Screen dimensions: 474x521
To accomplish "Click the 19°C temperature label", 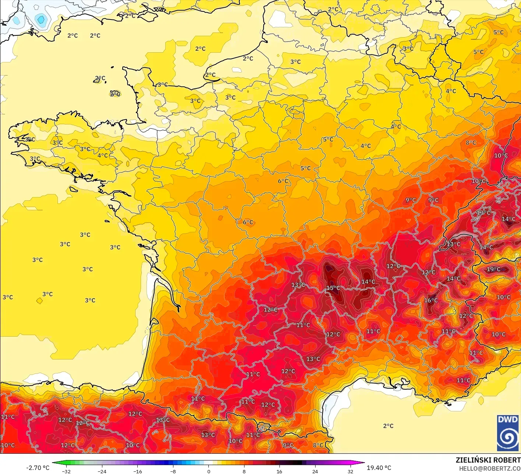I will point(493,269).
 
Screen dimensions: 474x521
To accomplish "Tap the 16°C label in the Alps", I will point(431,301).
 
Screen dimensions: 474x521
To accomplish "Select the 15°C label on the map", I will point(333,288).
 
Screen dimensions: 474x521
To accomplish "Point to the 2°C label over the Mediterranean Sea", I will point(388,426).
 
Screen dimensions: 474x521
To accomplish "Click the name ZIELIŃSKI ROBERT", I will point(488,460).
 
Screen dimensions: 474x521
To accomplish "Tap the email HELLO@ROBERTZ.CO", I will point(490,468).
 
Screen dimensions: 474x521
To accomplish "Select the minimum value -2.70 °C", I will point(38,468).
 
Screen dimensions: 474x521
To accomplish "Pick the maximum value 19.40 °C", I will point(379,468).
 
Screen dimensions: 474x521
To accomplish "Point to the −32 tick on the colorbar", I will point(66,471).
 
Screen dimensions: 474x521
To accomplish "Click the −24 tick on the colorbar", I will point(102,471).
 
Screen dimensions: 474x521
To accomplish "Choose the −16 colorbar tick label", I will point(137,471).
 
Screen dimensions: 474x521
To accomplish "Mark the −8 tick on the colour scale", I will point(173,471).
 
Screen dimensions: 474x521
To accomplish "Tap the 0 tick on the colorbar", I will point(208,471).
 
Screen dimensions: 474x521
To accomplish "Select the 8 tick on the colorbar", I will point(244,471).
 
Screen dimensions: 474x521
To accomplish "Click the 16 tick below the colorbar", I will point(279,471).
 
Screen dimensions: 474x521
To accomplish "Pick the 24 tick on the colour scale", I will point(315,471).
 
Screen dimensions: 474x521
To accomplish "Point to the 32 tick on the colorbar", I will point(350,471).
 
